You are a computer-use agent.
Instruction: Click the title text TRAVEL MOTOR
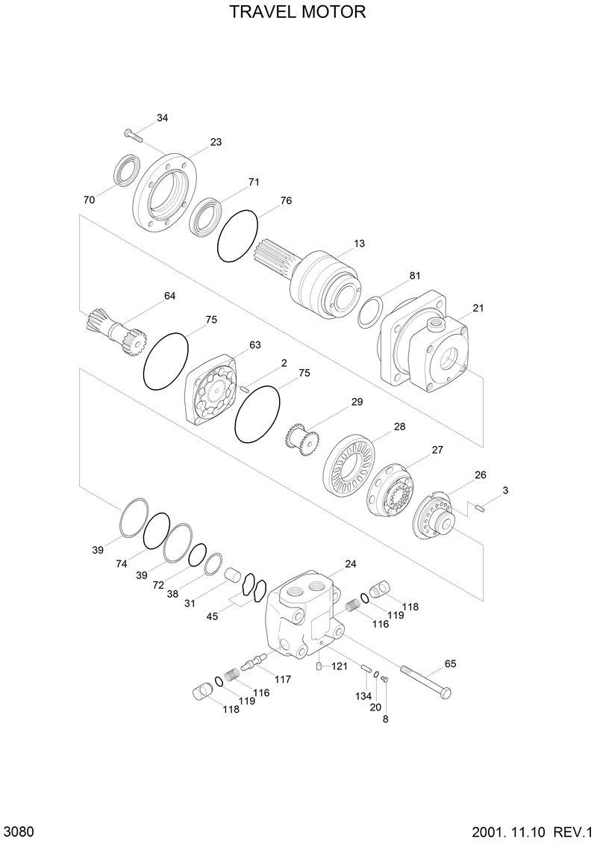tap(298, 13)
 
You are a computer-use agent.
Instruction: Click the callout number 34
tap(163, 118)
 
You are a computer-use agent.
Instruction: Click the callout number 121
tap(340, 666)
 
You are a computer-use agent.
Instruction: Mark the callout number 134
tap(363, 696)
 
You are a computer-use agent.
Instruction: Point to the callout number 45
tap(213, 616)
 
